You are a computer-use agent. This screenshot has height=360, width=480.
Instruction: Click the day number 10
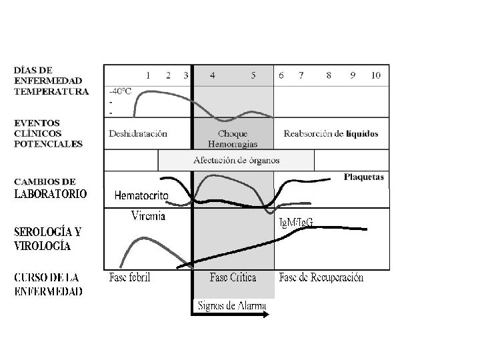pos(376,75)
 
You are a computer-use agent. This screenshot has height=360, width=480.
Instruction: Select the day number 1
pos(148,75)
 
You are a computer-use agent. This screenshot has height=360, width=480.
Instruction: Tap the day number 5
pos(253,75)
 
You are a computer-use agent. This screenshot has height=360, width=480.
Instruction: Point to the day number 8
pos(329,75)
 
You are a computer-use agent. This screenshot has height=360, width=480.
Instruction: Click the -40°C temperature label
pos(121,89)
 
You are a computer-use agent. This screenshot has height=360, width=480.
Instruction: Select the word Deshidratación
pos(138,133)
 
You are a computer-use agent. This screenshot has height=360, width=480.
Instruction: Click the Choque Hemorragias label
pos(233,138)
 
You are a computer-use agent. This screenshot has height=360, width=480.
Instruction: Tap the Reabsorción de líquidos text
pos(331,133)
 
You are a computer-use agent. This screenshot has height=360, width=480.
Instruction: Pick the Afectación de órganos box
pos(236,160)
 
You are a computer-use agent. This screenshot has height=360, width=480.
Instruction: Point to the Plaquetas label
pos(364,177)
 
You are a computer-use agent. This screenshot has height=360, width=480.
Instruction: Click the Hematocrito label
pos(141,195)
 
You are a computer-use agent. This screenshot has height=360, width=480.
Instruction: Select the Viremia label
pos(149,215)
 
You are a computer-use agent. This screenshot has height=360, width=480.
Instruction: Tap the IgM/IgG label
pos(295,222)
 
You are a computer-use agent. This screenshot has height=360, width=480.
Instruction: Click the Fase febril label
pos(130,277)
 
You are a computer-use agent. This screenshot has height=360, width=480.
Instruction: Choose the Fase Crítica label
pos(233,277)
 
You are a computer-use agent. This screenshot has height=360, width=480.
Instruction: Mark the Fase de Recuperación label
pos(322,277)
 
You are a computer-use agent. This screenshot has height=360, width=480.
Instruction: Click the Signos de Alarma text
pos(231,305)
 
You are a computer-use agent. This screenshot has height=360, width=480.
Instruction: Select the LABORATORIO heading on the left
pos(51,195)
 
